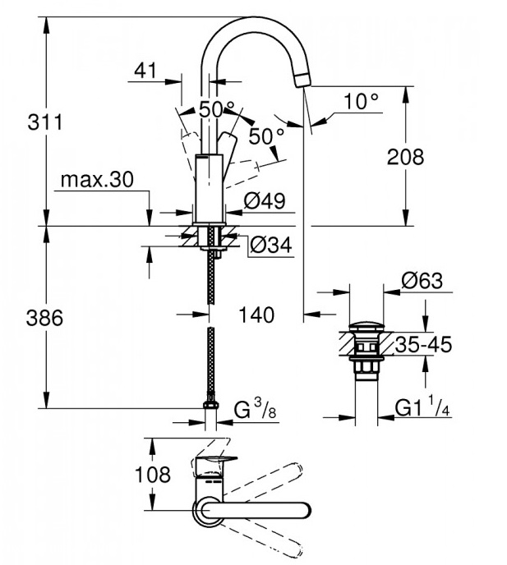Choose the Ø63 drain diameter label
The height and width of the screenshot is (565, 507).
tap(422, 281)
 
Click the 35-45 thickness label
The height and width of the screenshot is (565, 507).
tap(423, 345)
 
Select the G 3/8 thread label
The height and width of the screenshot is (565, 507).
tap(252, 408)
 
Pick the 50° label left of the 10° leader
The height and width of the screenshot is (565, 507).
tap(266, 136)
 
